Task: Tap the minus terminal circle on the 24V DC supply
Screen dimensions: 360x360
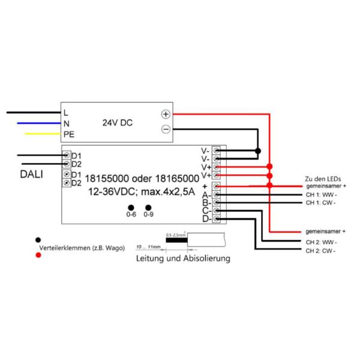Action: [166, 129]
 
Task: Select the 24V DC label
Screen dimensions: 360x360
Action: [118, 122]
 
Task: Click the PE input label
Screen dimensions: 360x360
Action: [68, 134]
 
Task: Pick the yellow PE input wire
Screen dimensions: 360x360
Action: [42, 134]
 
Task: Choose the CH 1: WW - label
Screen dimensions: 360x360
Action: [321, 194]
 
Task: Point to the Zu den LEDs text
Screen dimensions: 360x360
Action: [322, 178]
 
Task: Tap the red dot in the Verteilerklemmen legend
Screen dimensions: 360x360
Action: [39, 254]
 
